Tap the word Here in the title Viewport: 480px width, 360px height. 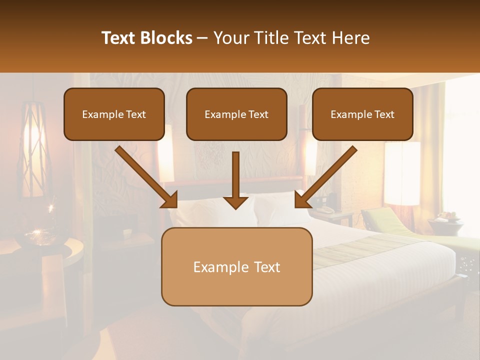click(350, 38)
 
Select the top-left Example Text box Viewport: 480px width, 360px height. click(114, 114)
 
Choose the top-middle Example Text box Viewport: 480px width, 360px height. click(236, 114)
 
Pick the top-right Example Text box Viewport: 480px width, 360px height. click(362, 114)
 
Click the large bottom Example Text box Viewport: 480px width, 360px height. click(236, 266)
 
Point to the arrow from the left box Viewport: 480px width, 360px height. click(146, 177)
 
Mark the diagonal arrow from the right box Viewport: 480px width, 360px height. click(325, 177)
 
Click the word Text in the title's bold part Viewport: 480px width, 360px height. click(120, 38)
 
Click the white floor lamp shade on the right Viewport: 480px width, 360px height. click(402, 172)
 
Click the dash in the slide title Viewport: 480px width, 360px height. click(202, 38)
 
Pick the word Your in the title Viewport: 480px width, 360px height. click(230, 38)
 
